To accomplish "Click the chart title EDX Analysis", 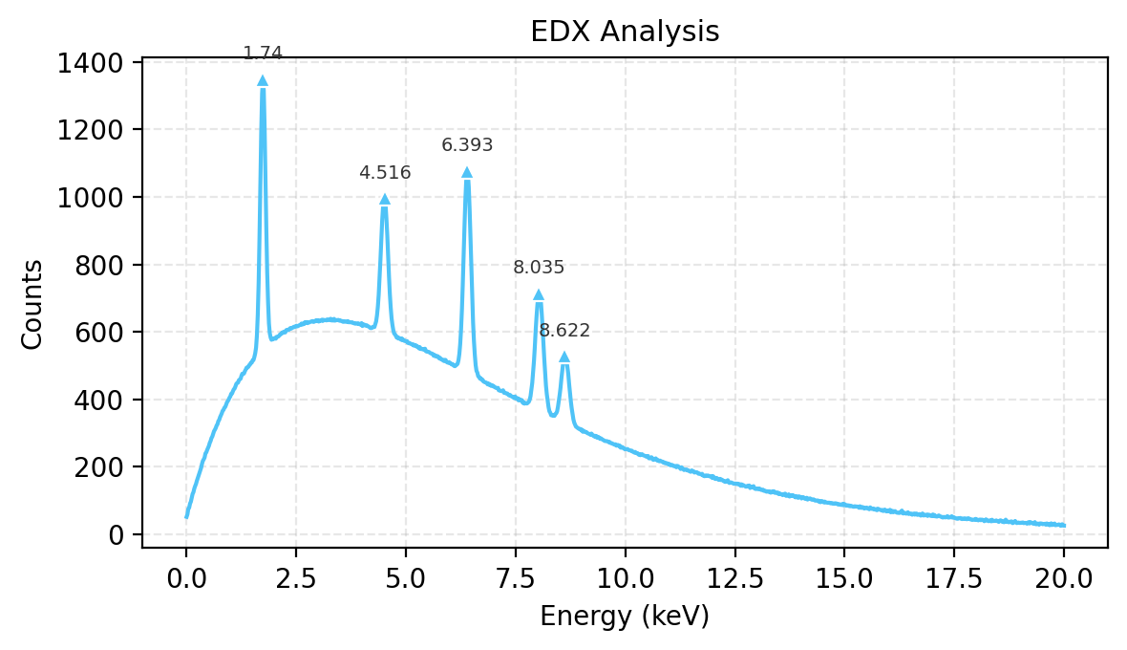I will pos(625,32).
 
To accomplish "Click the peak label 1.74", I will pos(263,54).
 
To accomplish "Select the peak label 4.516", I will pos(385,173).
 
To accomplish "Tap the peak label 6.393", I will pos(467,145).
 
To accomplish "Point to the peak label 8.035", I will pos(539,268).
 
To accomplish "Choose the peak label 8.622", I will pos(564,331).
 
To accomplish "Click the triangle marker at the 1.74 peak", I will pos(263,80).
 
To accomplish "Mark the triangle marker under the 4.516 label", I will pos(385,199).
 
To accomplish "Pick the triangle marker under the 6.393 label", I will pos(467,172).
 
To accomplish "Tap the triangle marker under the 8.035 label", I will pos(539,294).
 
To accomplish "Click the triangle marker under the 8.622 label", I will pos(564,357).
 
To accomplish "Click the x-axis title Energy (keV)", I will pos(625,617).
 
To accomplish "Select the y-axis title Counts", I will pos(32,304).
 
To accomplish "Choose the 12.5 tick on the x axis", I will pos(734,578).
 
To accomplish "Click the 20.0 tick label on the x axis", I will pos(1064,578).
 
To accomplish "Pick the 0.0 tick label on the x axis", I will pos(186,578).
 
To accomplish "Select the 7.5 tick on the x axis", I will pos(516,578).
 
